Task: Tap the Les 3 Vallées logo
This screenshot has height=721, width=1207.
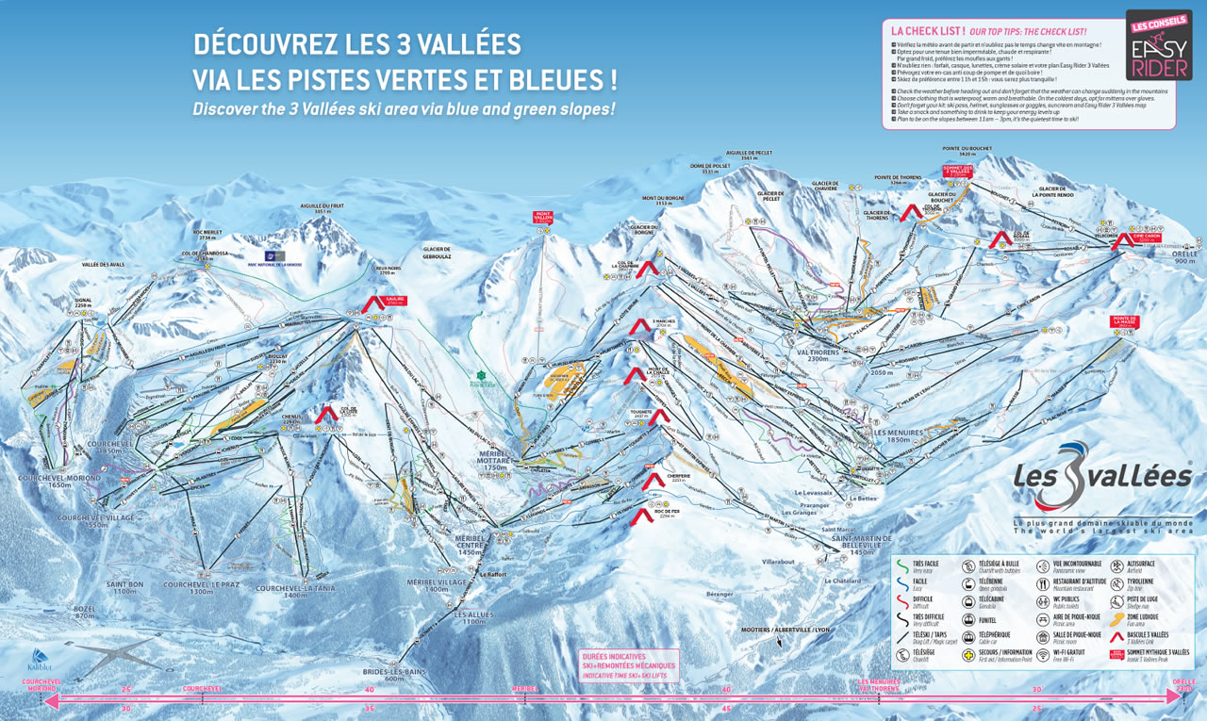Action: click(1101, 476)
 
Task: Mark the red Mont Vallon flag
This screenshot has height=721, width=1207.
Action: click(543, 219)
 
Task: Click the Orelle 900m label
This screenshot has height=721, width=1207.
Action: click(1184, 257)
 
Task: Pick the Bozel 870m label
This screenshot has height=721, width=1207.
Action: click(85, 612)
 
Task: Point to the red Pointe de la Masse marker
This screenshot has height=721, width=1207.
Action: click(1124, 323)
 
